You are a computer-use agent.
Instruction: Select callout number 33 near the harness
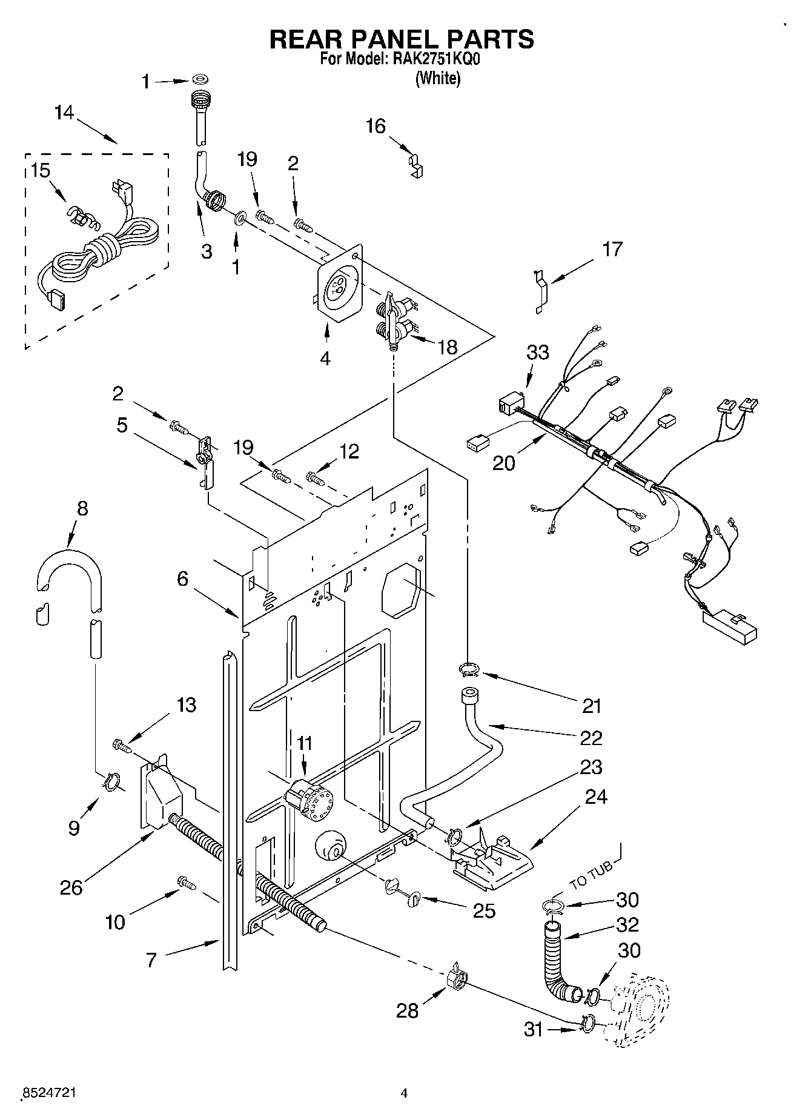[537, 352]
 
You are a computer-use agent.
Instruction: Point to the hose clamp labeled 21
[468, 669]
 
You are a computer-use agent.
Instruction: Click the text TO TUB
[591, 875]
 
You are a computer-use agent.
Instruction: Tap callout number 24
[595, 796]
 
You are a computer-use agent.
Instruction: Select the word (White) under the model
[437, 78]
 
